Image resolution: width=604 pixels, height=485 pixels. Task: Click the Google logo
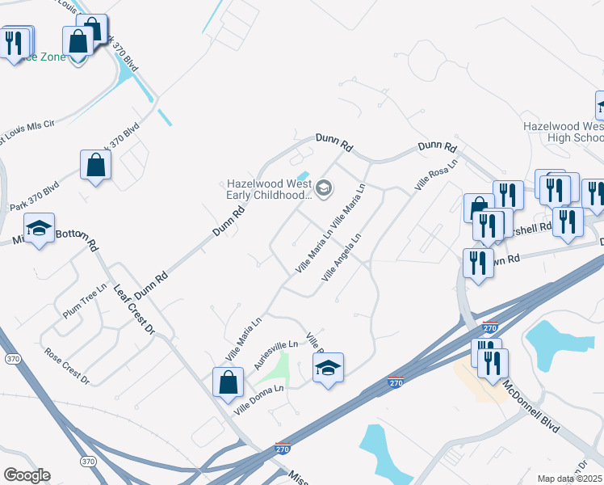27,474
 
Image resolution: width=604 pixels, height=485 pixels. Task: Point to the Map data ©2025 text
569,479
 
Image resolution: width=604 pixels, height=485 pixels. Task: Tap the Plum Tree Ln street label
85,301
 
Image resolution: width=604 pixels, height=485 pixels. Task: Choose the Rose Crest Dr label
67,365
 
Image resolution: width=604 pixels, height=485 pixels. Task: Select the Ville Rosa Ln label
436,174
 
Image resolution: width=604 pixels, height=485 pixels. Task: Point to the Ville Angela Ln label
340,257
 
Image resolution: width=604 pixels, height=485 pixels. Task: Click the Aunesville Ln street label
276,356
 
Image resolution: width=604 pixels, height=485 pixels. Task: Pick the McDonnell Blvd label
530,404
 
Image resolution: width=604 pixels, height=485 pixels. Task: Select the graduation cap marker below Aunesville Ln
328,369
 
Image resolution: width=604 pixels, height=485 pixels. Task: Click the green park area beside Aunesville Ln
278,369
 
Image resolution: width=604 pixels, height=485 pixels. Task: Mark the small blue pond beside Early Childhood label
303,176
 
